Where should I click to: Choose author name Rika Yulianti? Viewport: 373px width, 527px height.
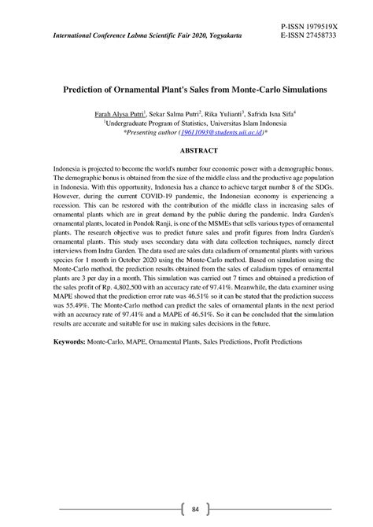pyautogui.click(x=223, y=114)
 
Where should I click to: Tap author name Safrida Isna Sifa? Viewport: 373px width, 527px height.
pyautogui.click(x=275, y=114)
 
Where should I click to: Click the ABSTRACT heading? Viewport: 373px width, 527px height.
pyautogui.click(x=186, y=149)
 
